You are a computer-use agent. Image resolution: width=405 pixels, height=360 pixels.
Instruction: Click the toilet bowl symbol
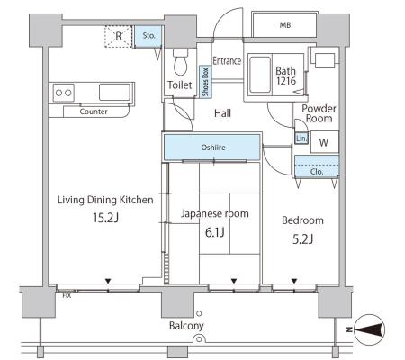coord(180,62)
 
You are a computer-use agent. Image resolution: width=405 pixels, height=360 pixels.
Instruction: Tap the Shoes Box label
coord(205,82)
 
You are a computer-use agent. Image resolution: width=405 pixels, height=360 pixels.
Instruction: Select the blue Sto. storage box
coord(148,36)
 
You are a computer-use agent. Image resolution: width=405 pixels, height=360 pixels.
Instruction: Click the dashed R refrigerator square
coord(118,36)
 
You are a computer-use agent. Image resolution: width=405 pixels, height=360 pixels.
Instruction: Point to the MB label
coord(285,25)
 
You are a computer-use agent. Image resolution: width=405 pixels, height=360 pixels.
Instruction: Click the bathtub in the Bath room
coord(260,75)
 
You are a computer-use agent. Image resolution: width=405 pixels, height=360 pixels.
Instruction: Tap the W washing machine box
coord(325,142)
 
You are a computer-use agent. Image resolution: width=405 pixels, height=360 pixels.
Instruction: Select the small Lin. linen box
coord(301,139)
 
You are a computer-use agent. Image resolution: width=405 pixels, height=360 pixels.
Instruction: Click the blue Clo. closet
coord(317,166)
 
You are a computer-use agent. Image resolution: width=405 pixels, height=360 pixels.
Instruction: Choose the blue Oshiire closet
coord(212,148)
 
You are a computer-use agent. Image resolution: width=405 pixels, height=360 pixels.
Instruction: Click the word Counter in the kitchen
coord(94,112)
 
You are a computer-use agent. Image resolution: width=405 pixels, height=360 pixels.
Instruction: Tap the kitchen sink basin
coord(114,92)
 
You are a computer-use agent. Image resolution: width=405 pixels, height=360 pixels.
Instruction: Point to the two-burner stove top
coord(64,93)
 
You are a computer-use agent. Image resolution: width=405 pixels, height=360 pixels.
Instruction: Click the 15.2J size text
coord(106,218)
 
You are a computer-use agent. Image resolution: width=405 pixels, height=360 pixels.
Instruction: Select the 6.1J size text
coord(215,232)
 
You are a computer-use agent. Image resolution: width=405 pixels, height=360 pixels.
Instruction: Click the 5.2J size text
coord(303,239)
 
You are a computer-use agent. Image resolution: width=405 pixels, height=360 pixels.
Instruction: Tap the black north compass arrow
coord(370,329)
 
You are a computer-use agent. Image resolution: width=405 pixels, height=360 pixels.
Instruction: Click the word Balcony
coord(186,326)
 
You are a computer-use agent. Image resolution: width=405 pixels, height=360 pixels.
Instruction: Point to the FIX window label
coord(67,295)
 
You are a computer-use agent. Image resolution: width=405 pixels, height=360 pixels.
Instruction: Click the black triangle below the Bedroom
coord(294,281)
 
